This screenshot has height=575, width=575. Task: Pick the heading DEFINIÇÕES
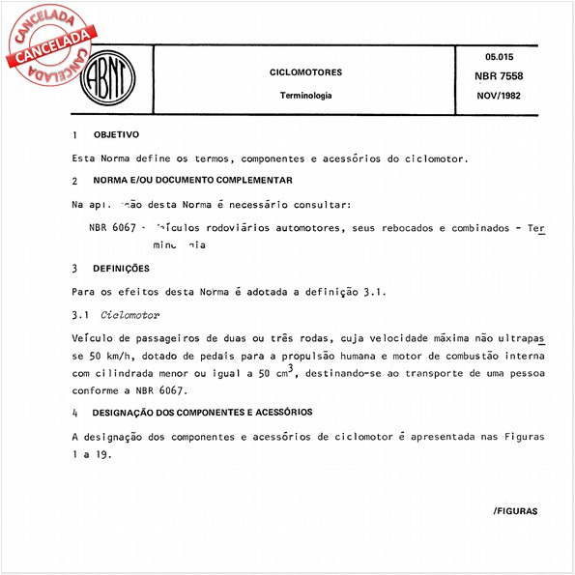coord(121,268)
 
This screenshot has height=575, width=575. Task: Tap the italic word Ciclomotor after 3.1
coord(130,316)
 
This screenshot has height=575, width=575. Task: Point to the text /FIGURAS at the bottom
coord(514,509)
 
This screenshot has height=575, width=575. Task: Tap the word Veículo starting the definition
coord(93,339)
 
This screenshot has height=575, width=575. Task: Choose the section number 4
coord(74,413)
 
